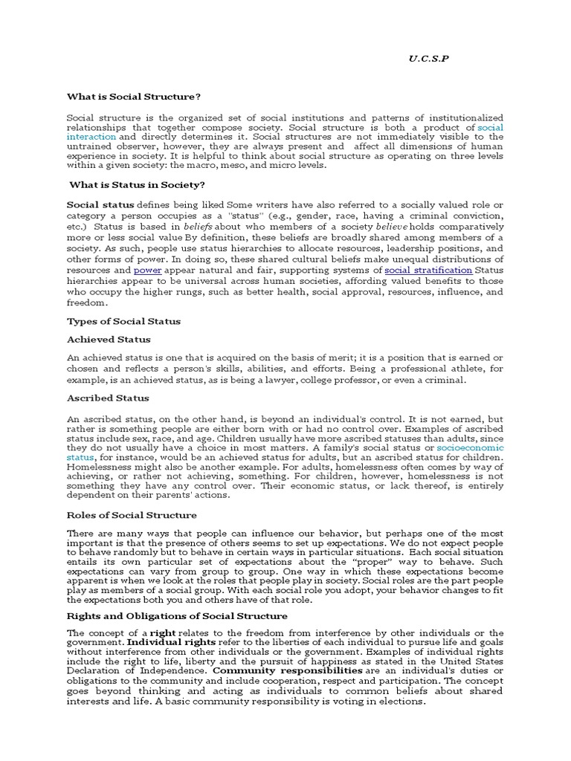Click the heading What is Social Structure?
[134, 97]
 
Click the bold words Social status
[100, 204]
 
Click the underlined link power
[147, 271]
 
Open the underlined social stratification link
[428, 271]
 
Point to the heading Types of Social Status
[124, 322]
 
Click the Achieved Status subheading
[109, 340]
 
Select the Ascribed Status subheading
[109, 398]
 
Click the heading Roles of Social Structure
[132, 515]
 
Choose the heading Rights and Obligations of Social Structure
[177, 616]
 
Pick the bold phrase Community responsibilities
[287, 670]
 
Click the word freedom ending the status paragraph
[87, 303]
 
